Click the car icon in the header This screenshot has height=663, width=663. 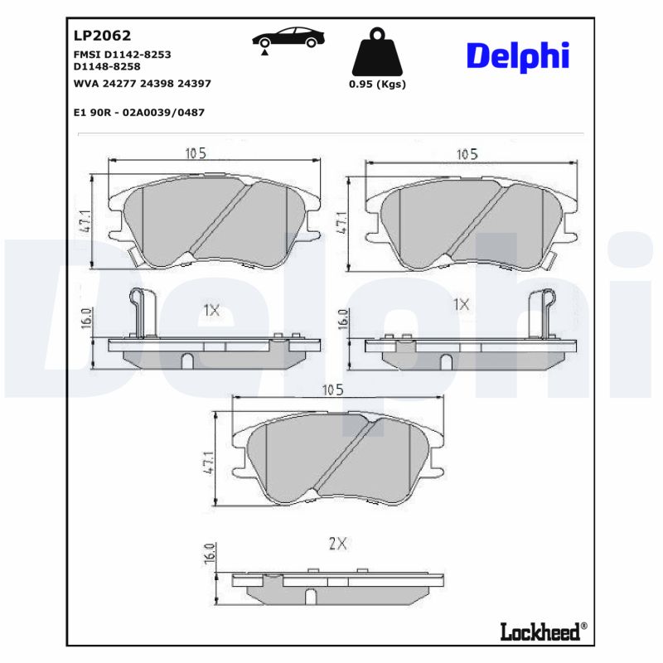[288, 39]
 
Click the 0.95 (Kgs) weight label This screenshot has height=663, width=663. [377, 84]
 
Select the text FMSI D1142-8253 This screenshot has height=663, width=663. [122, 53]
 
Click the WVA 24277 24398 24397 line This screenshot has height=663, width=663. [130, 83]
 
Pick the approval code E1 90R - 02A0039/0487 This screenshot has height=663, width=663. [139, 112]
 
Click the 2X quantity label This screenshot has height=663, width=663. [336, 544]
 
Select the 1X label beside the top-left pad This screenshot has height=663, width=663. [211, 311]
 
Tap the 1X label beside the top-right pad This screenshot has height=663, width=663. [461, 304]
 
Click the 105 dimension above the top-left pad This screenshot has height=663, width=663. [196, 152]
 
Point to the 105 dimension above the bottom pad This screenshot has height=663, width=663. [332, 390]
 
